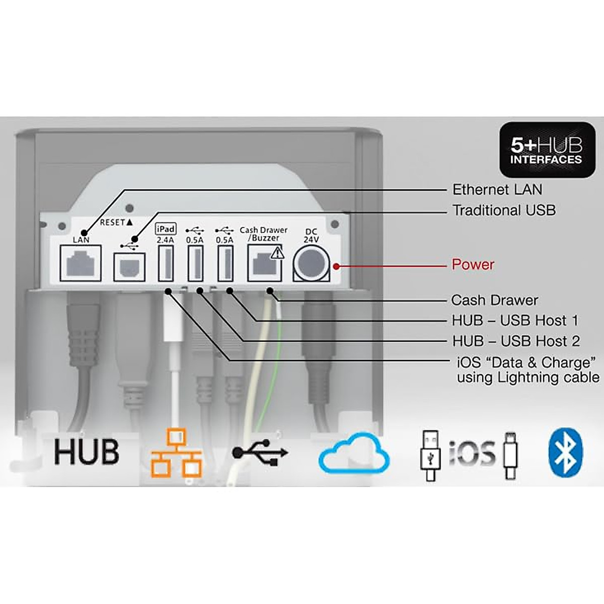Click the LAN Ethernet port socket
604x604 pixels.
[x=81, y=263]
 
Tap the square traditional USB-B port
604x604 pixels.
[x=129, y=266]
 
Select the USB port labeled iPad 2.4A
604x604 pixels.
[x=166, y=264]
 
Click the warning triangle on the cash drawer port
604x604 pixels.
[x=277, y=253]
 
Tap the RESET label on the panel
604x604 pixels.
[x=116, y=222]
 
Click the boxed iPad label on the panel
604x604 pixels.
[x=166, y=229]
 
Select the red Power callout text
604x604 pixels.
[x=473, y=265]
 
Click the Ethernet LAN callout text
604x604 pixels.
[x=497, y=190]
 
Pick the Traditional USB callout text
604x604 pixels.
[x=503, y=210]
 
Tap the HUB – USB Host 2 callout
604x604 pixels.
[x=515, y=341]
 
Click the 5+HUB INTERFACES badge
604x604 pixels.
[x=546, y=150]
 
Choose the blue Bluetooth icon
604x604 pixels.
[x=565, y=453]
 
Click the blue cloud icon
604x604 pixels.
[x=354, y=452]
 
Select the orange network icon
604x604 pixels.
[x=177, y=453]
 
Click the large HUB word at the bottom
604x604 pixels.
[x=87, y=451]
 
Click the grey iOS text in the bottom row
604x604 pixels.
[x=472, y=452]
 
